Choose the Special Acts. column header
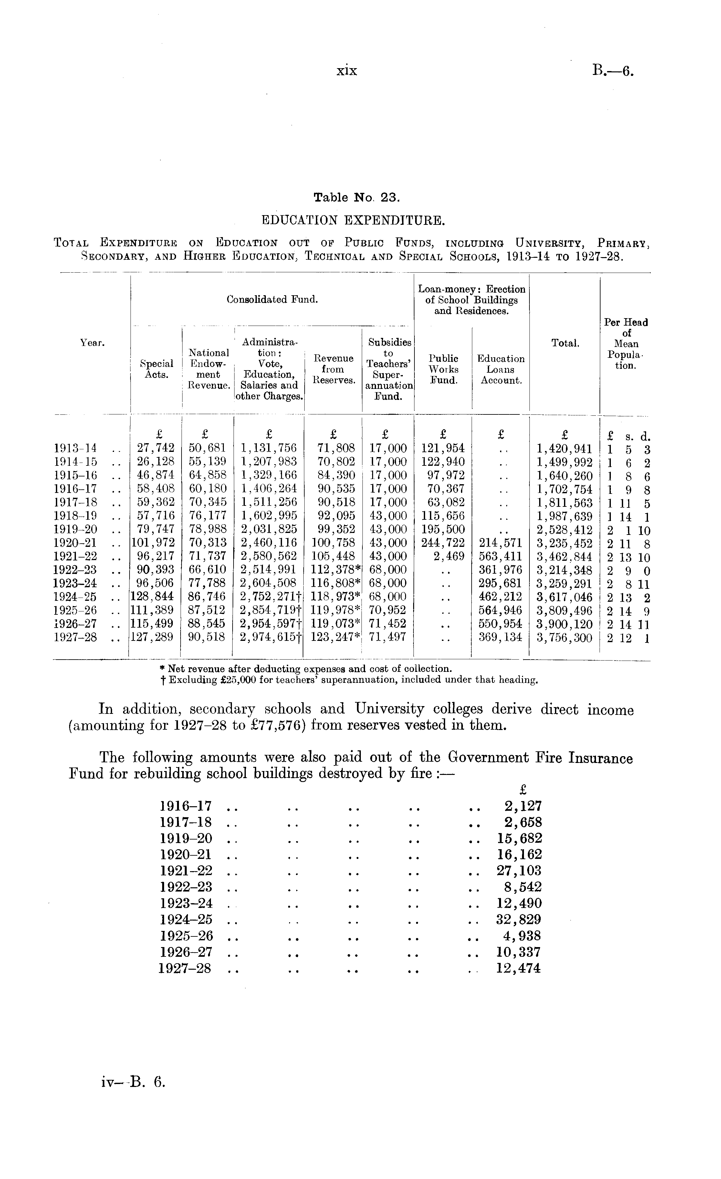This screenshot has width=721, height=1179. click(156, 369)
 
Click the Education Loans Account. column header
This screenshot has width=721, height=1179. click(501, 369)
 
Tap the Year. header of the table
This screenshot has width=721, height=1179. click(92, 343)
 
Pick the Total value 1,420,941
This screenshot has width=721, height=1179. click(565, 448)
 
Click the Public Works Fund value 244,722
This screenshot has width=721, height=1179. click(443, 543)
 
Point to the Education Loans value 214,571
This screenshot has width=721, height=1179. click(500, 543)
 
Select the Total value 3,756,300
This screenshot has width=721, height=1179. click(565, 637)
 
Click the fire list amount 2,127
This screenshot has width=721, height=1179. click(523, 806)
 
